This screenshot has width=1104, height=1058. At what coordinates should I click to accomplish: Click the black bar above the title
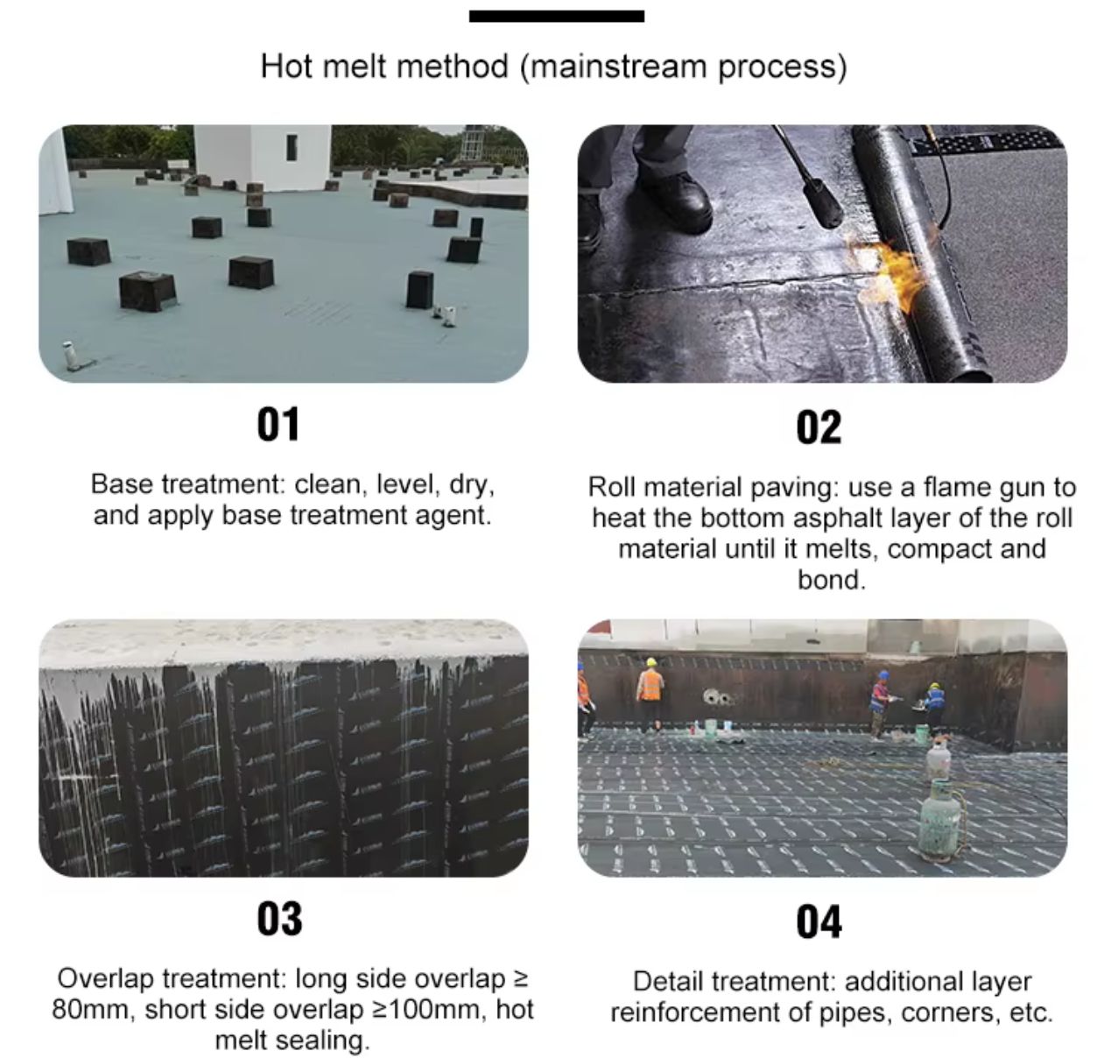[x=557, y=16]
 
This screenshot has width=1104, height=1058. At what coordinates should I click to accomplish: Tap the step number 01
[x=278, y=424]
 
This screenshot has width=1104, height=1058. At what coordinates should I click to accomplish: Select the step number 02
[x=819, y=428]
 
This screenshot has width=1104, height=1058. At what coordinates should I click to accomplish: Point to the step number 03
[x=279, y=919]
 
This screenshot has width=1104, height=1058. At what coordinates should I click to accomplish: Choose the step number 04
[x=819, y=922]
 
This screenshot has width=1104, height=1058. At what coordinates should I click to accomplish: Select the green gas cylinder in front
[x=940, y=820]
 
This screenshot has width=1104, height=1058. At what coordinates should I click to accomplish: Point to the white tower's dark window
[x=292, y=147]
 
